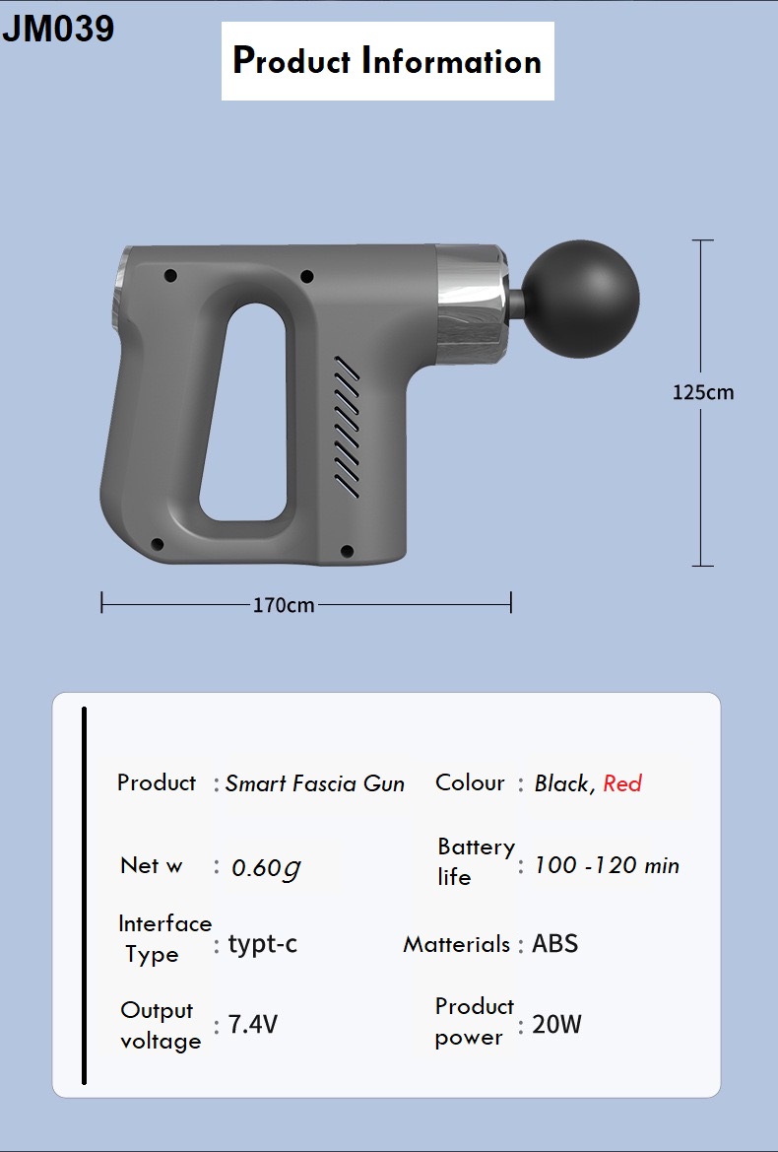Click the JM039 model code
(58, 30)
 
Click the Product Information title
(387, 61)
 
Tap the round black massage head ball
(582, 299)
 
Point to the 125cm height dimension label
(702, 392)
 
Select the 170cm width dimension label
(284, 605)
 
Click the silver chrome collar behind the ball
(471, 305)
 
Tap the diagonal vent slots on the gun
(347, 426)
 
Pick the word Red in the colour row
(622, 783)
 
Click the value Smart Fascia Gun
(315, 783)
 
